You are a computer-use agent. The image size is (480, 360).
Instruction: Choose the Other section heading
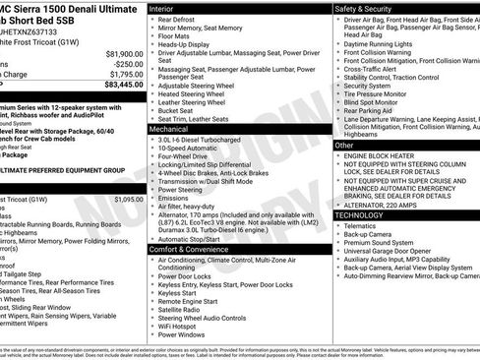[x=344, y=145]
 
